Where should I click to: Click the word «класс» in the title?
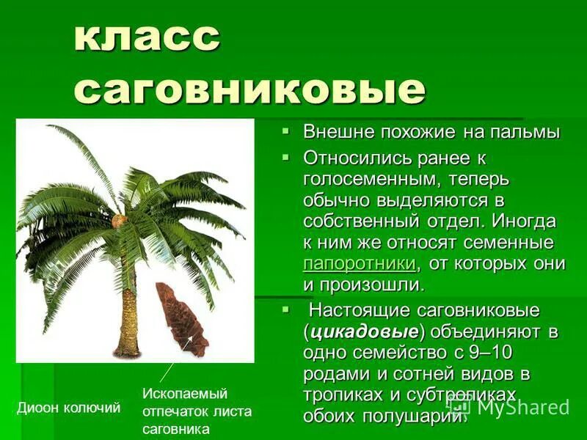click(147, 38)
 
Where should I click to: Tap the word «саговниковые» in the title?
click(249, 90)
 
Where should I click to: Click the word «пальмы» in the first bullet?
click(524, 133)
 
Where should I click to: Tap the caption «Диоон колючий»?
click(68, 408)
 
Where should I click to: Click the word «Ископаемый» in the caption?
click(185, 394)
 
